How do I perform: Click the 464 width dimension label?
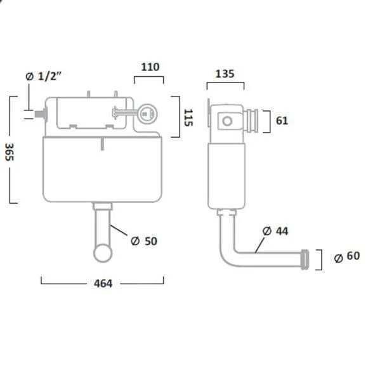pyautogui.click(x=103, y=284)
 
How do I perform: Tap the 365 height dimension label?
pyautogui.click(x=10, y=152)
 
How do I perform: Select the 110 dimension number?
pyautogui.click(x=150, y=67)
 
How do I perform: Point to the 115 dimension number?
pyautogui.click(x=188, y=117)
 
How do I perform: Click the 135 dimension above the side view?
pyautogui.click(x=225, y=74)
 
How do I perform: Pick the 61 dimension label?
pyautogui.click(x=282, y=121)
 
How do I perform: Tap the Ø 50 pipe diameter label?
pyautogui.click(x=144, y=241)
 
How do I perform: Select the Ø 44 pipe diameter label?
pyautogui.click(x=275, y=231)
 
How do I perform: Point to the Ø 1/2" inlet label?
pyautogui.click(x=43, y=76)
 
